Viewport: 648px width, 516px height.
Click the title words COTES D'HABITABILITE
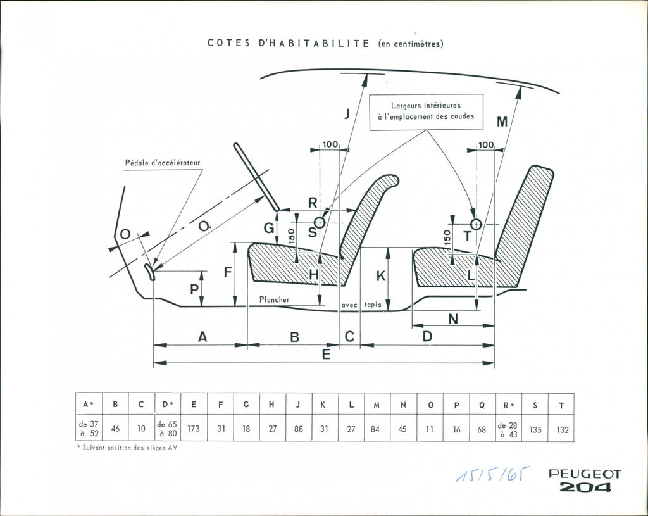(x=289, y=44)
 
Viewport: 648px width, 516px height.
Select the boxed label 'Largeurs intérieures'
(x=426, y=106)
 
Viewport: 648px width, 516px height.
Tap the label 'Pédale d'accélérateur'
(x=162, y=163)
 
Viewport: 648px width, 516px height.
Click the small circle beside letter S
(x=320, y=222)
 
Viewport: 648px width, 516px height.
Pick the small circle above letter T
(x=476, y=223)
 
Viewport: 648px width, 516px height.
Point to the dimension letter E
(x=326, y=355)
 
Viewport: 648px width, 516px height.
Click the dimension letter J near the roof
(x=346, y=115)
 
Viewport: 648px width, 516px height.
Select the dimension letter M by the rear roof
(x=502, y=122)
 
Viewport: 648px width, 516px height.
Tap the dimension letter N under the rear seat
(x=453, y=320)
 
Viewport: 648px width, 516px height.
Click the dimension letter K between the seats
(x=380, y=276)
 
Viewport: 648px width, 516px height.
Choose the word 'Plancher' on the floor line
(x=274, y=299)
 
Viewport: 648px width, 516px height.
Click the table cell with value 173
(x=194, y=429)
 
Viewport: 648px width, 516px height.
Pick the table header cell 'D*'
(x=168, y=405)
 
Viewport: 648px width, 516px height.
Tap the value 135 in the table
(x=535, y=429)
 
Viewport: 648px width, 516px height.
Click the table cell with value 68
(x=482, y=429)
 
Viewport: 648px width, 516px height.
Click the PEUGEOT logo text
(x=585, y=474)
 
